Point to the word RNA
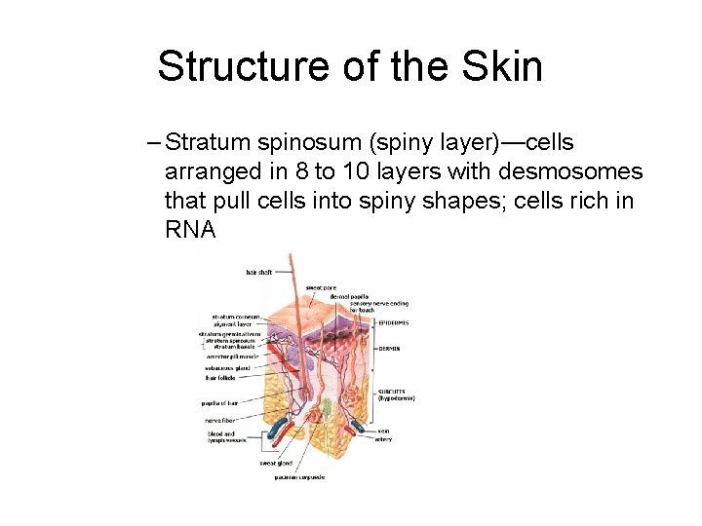[190, 229]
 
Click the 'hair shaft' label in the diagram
[259, 272]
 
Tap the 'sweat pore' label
[321, 287]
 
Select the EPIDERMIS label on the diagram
[394, 322]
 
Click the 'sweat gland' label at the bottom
[275, 464]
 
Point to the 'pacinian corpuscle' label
[299, 477]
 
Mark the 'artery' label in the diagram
[383, 439]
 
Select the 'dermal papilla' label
[346, 296]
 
